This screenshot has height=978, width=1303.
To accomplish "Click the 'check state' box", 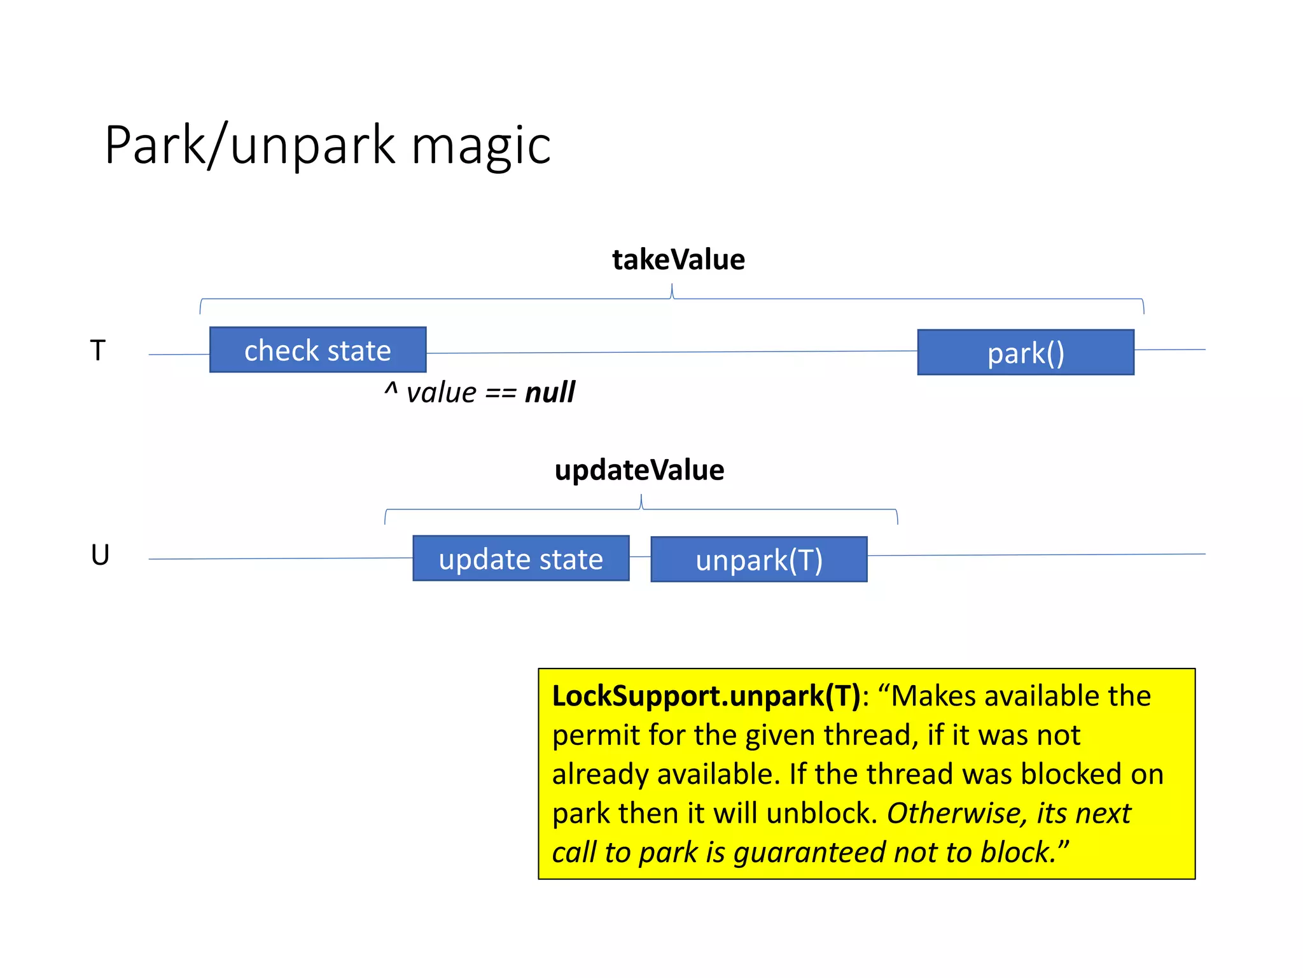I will coord(317,350).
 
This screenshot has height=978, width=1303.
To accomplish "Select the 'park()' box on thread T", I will coord(1025,352).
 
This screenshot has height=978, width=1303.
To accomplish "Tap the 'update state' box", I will coord(520,558).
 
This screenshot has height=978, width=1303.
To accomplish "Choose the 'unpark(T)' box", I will coord(758,559).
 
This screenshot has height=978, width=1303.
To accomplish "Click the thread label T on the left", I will coord(97,350).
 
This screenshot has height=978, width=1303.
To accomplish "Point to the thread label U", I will coord(100,555).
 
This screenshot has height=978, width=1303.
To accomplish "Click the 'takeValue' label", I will coord(678,260).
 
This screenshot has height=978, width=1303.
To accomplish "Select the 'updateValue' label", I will coord(639,470).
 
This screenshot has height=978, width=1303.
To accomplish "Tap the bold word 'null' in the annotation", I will coord(550,392).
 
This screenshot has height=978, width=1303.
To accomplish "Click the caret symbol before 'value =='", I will coord(391,388).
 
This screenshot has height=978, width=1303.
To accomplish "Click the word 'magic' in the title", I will coord(481,146).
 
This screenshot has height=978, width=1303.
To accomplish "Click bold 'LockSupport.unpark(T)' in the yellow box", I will coord(706,696).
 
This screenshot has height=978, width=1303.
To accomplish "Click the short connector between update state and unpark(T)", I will coord(640,557).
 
